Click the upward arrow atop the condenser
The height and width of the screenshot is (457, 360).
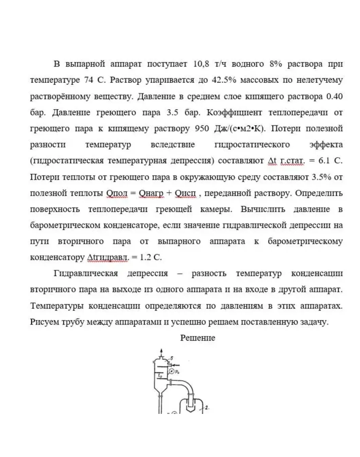(x=161, y=351)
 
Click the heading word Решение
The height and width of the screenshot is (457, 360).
(x=198, y=338)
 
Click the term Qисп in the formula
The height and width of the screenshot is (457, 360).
(x=185, y=193)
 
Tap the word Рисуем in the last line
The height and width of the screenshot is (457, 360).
(x=44, y=322)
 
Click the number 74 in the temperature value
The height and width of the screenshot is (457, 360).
(x=88, y=80)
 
